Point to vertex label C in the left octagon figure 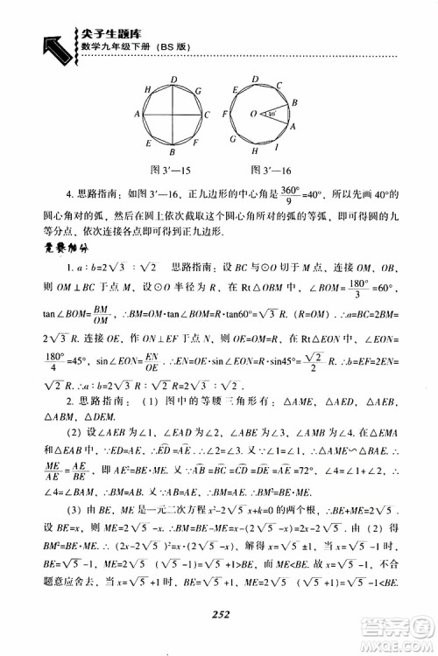[x=206, y=114]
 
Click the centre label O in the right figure [x=253, y=112]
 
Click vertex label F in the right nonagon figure [x=228, y=115]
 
